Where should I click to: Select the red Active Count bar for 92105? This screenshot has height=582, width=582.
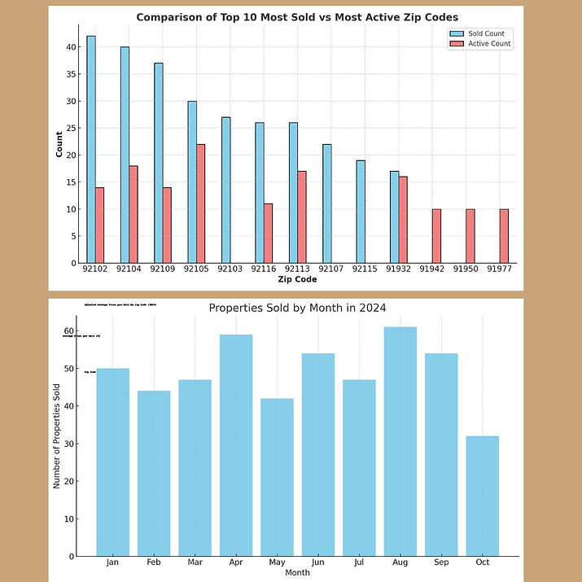[x=201, y=203]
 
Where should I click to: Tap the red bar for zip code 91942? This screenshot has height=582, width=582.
[x=436, y=236]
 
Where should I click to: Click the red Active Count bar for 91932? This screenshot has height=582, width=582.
[x=403, y=220]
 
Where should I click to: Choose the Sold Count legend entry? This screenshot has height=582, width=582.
[x=480, y=33]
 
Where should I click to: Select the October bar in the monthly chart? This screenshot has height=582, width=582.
[x=482, y=496]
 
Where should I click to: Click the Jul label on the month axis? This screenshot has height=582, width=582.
[x=359, y=562]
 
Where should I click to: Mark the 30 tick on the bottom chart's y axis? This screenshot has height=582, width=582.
[x=69, y=444]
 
